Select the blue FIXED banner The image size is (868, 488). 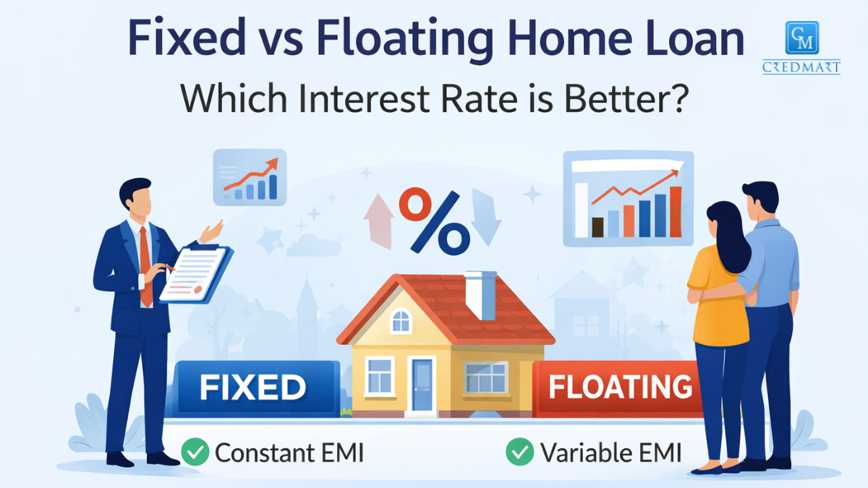tap(253, 388)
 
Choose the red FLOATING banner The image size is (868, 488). tap(619, 388)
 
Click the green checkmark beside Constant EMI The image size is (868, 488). tap(195, 453)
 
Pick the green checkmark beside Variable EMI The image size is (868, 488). tap(519, 453)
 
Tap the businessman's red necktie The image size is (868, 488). tap(145, 264)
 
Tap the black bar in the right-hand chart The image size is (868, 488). tap(597, 227)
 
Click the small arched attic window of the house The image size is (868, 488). tap(401, 320)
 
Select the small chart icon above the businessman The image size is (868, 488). tap(250, 177)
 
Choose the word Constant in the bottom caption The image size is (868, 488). tap(265, 453)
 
